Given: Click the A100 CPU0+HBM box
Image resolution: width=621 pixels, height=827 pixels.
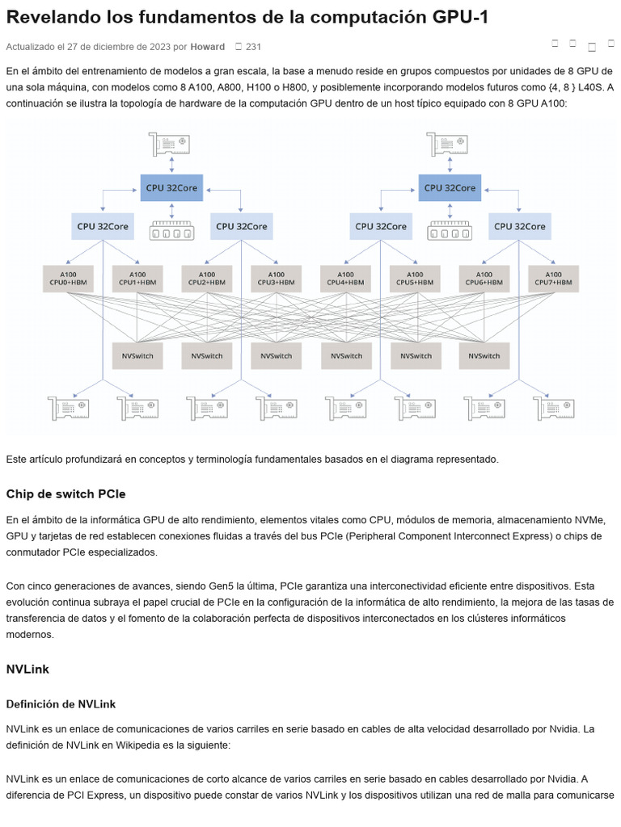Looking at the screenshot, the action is pos(68,279).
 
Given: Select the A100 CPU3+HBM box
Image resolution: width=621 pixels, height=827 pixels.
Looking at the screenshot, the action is pos(277,279).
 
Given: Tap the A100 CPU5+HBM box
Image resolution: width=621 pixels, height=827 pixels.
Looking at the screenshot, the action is pos(415,279).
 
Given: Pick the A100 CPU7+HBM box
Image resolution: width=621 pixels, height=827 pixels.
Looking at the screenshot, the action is pos(553,279).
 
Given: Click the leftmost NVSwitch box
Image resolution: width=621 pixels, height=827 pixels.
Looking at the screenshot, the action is pos(137,356).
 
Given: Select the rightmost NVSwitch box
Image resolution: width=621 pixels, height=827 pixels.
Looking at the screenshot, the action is pos(484,356).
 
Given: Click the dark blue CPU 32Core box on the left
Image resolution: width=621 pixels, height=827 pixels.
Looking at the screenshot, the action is pos(171,187).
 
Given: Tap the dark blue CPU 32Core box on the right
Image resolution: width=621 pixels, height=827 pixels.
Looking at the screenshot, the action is pos(450,187).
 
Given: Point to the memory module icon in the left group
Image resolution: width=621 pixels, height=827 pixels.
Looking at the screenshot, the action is pos(171,230).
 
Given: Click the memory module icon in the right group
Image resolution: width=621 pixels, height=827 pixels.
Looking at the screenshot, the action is pos(450,230).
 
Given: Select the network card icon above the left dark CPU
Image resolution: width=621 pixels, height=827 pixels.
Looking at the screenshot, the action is pos(170,144).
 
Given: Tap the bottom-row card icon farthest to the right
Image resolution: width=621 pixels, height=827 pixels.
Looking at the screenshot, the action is pos(554,408).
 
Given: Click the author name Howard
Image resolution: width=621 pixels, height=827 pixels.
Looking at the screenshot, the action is pos(208,46).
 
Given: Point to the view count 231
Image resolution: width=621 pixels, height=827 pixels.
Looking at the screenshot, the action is pos(253,46).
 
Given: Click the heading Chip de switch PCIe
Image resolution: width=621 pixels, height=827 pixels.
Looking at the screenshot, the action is pos(66,494).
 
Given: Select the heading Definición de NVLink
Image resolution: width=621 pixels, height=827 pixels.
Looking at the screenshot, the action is pos(61,704).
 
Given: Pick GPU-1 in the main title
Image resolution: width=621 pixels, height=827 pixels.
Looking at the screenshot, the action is pos(460,18).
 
